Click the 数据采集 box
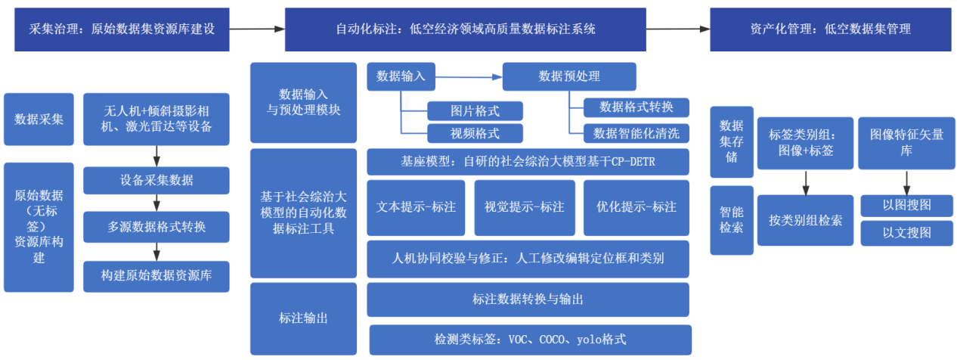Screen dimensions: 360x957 (39, 119)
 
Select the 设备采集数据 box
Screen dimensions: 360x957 (156, 180)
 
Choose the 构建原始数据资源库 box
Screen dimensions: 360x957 (156, 276)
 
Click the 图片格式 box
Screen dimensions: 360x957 (475, 111)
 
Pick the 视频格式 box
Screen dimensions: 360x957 (475, 134)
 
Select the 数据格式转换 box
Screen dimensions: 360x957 (636, 106)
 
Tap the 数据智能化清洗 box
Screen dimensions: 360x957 (636, 134)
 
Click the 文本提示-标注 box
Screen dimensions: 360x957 (417, 206)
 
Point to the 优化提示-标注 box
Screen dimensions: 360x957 (636, 206)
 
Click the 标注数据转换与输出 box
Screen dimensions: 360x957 (528, 299)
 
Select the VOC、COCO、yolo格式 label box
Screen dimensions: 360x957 (530, 340)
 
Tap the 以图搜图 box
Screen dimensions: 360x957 (906, 205)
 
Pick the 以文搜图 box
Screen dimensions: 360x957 (906, 233)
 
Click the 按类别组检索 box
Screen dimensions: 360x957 (805, 220)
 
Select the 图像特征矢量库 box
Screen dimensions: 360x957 (906, 142)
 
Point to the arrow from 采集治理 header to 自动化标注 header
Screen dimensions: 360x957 (257, 29)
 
